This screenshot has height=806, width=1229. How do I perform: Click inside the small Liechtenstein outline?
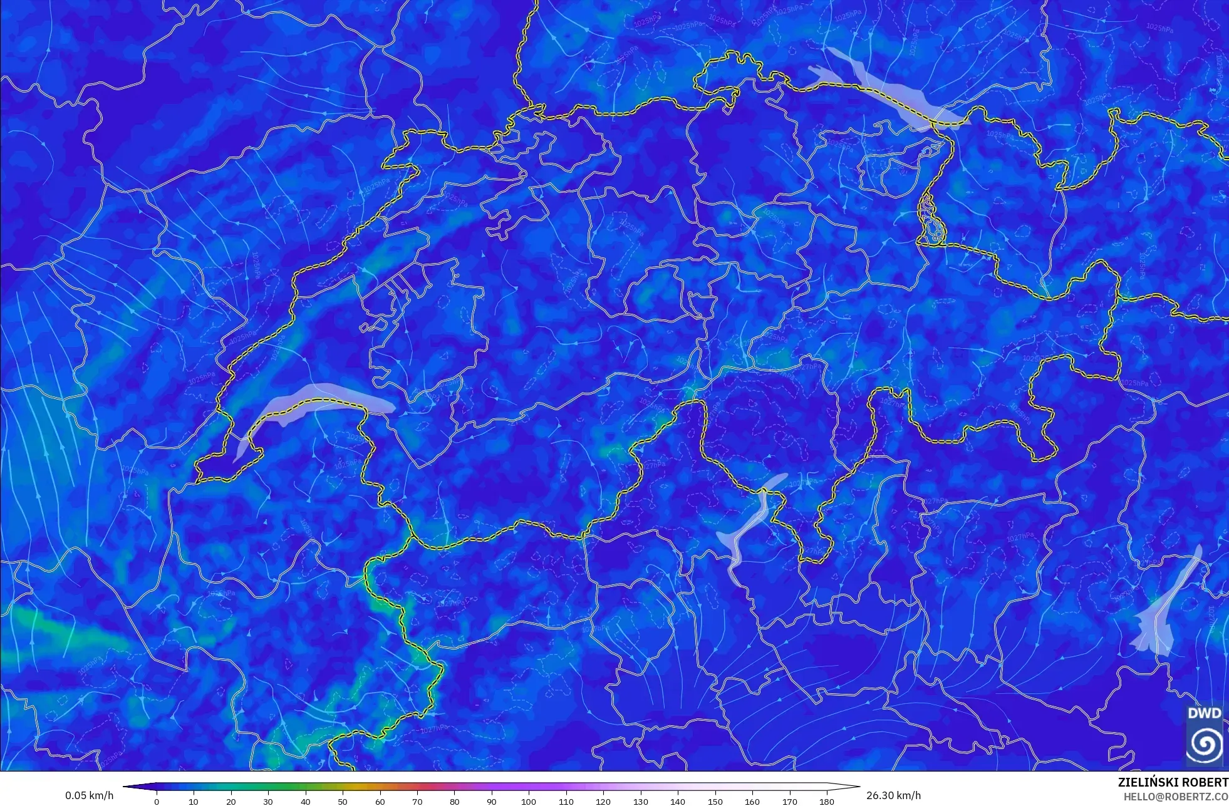(930, 219)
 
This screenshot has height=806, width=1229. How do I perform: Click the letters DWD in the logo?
(1204, 713)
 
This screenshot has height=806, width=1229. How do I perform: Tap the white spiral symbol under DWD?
(1204, 744)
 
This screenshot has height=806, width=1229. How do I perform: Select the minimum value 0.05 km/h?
(90, 795)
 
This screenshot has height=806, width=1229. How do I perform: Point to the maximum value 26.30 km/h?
(893, 795)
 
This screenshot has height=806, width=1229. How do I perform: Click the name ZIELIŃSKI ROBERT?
(1173, 782)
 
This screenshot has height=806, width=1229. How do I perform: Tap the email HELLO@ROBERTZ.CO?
(1175, 797)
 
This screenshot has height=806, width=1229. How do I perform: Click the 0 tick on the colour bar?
(157, 802)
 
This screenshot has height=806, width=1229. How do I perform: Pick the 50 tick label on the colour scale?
(343, 802)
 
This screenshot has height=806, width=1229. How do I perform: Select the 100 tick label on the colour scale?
(529, 802)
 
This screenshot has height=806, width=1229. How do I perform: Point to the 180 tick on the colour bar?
(827, 802)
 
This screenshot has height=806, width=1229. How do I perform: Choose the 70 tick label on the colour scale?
(417, 802)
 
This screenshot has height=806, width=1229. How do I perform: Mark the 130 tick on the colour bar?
(641, 802)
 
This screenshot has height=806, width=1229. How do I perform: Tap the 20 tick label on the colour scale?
(231, 802)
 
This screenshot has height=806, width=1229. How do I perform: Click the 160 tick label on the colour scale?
(752, 802)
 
